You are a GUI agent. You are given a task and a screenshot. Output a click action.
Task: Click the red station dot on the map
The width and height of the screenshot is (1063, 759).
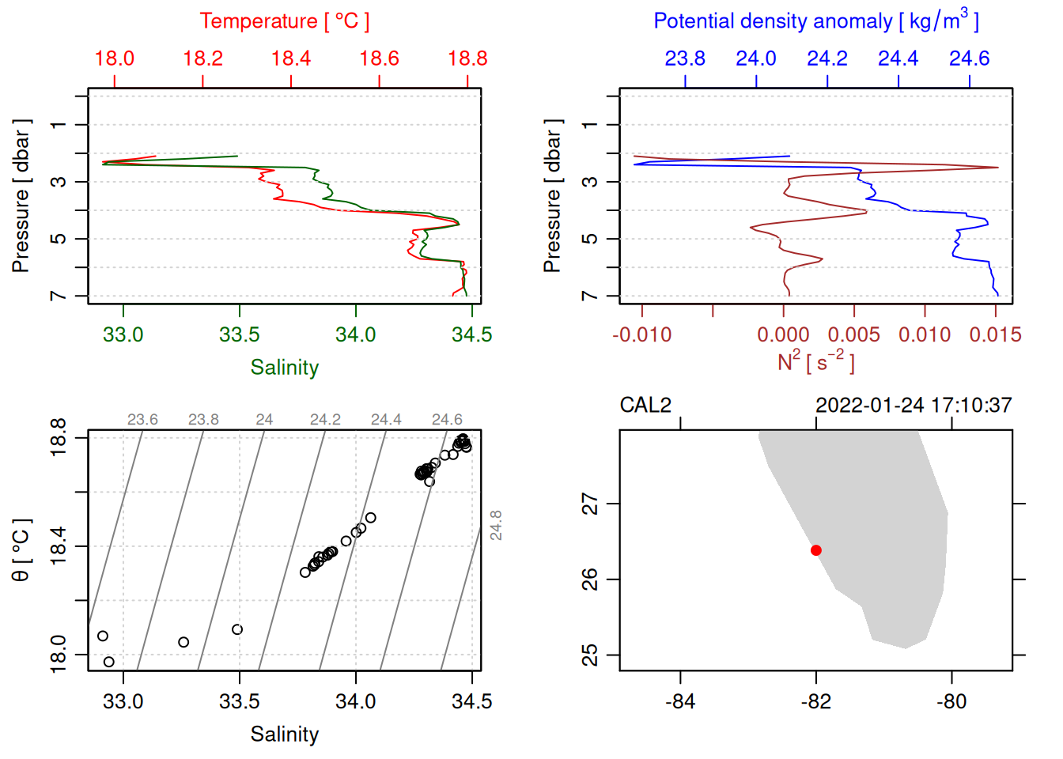click(x=816, y=550)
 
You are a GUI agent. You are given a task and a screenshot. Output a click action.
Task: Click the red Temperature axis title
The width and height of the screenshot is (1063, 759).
click(x=284, y=21)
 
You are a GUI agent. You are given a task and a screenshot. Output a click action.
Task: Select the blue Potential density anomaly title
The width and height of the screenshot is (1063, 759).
click(x=815, y=21)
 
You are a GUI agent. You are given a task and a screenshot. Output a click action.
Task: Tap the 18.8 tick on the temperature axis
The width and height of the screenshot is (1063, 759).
click(x=467, y=59)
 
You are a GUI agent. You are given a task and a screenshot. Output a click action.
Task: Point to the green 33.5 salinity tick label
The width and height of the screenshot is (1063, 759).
click(x=239, y=334)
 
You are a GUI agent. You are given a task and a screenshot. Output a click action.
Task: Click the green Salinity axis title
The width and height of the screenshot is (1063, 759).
click(x=284, y=368)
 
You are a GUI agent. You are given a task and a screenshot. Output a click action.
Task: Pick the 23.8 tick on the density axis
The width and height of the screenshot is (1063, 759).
click(x=685, y=59)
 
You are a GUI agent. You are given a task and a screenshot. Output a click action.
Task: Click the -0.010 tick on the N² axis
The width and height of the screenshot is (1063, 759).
click(x=641, y=334)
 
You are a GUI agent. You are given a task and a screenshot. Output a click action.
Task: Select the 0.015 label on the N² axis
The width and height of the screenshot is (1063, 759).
click(x=995, y=334)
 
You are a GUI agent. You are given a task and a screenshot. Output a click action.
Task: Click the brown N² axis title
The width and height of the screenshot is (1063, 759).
click(x=815, y=362)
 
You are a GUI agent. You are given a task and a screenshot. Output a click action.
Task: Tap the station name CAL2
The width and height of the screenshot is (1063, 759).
click(x=645, y=406)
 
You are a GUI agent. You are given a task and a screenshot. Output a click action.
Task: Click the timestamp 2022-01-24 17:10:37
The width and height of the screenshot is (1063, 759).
click(x=914, y=406)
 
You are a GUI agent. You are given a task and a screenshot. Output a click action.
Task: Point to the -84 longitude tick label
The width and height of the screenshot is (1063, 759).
click(x=680, y=701)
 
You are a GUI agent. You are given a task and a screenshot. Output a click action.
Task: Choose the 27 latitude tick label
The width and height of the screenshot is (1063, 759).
click(x=590, y=504)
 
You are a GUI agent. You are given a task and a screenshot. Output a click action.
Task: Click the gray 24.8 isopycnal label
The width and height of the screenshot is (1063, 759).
click(x=496, y=525)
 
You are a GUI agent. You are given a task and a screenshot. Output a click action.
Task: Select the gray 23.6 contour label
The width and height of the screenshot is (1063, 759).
click(x=142, y=420)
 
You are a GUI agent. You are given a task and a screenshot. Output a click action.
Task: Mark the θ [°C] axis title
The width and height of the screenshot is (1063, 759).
click(x=21, y=550)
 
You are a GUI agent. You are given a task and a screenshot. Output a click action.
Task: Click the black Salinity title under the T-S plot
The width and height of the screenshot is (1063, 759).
click(x=284, y=734)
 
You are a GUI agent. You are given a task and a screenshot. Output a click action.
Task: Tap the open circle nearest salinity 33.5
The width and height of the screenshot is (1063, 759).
click(x=237, y=629)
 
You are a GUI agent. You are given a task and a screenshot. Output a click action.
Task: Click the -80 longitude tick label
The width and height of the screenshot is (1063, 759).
click(x=951, y=701)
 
